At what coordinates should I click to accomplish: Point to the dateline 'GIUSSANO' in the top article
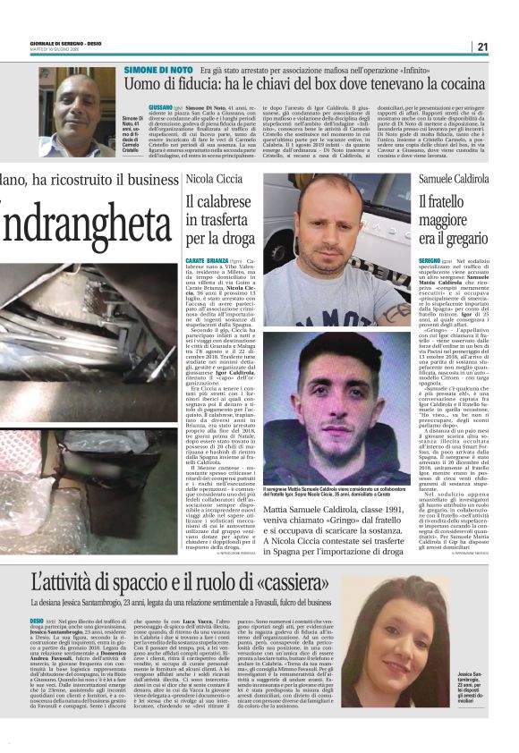(160, 106)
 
